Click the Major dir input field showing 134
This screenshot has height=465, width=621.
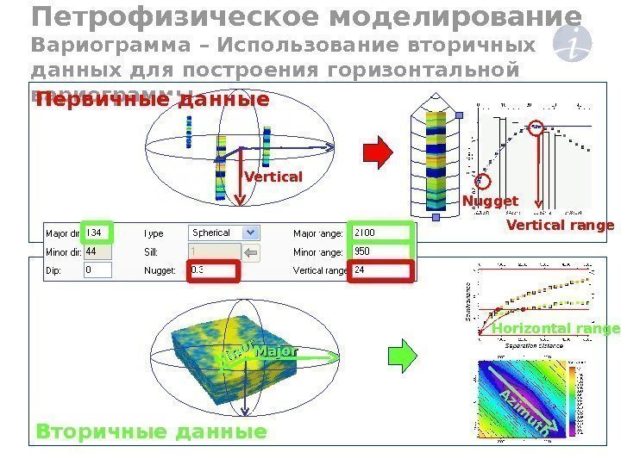(97, 232)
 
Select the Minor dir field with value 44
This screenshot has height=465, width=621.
(97, 252)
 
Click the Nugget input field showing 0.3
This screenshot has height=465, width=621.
(211, 272)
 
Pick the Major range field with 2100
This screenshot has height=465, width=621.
(380, 232)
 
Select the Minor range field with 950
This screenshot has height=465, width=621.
(380, 252)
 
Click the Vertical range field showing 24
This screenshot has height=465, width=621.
(380, 271)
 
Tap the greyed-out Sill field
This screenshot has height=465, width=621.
(211, 252)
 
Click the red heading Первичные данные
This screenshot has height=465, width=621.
(152, 101)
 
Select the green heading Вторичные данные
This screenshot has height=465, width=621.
(151, 431)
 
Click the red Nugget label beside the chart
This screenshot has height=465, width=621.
(490, 201)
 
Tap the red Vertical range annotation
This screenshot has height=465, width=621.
(560, 226)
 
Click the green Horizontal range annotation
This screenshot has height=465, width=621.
(555, 330)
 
